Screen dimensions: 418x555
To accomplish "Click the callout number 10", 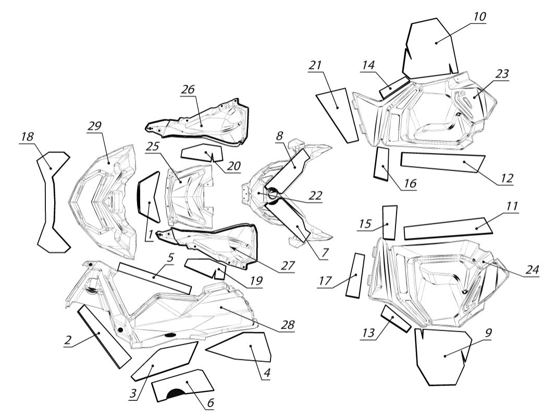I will tap(479, 17).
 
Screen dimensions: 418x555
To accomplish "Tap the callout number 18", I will tap(27, 136).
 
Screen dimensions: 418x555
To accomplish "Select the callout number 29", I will tap(95, 126).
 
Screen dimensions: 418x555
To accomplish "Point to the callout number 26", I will tap(188, 89).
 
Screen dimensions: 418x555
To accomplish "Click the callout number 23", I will tap(501, 73).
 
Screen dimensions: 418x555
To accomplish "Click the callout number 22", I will tap(315, 195).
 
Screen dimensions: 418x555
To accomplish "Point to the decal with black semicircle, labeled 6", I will tap(182, 387).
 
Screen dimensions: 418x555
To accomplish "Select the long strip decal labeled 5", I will tap(154, 277).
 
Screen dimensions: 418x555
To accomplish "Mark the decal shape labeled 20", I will tap(202, 153).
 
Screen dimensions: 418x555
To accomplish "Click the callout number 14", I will tap(368, 66).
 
